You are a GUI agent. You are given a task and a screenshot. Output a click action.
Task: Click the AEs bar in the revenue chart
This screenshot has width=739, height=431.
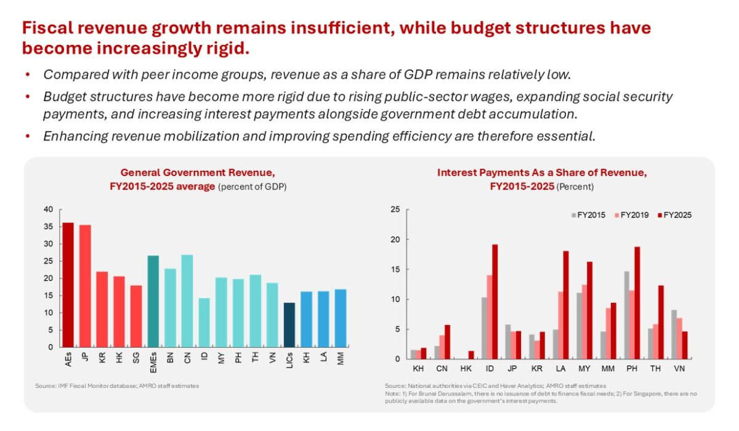pyautogui.click(x=68, y=284)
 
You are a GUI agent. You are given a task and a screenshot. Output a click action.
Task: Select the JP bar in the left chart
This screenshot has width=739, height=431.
pyautogui.click(x=85, y=286)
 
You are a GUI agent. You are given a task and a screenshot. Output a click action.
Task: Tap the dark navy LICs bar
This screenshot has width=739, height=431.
pyautogui.click(x=289, y=324)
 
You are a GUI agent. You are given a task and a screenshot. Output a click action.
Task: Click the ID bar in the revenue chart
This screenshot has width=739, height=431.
pyautogui.click(x=204, y=322)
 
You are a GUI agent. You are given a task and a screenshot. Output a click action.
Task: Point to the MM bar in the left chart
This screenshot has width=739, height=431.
pyautogui.click(x=340, y=318)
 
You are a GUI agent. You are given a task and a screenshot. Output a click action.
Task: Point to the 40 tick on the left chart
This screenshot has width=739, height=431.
pyautogui.click(x=49, y=209)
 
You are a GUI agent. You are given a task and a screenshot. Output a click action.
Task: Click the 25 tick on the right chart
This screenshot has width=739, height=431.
pyautogui.click(x=395, y=210)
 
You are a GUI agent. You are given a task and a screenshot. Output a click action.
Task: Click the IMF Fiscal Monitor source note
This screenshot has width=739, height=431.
pyautogui.click(x=117, y=386)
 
